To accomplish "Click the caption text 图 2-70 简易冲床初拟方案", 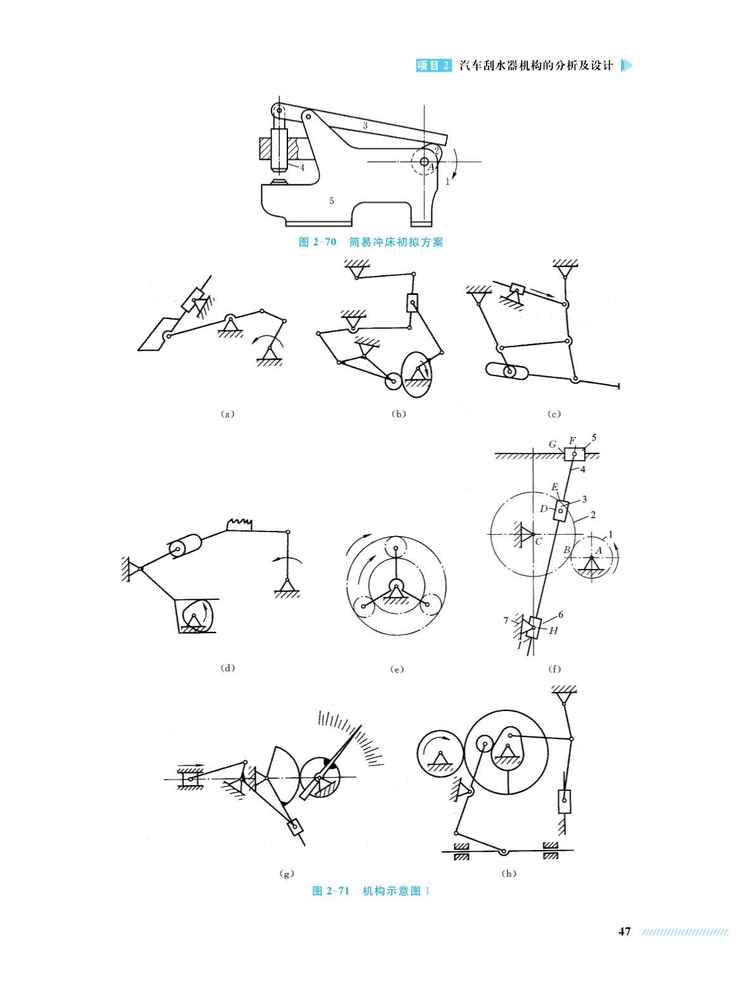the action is click(370, 242).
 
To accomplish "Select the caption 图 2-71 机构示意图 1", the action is click(370, 891).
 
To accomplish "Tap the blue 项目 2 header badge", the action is click(433, 65).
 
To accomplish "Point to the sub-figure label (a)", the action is click(228, 414).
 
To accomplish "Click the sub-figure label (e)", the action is click(397, 669).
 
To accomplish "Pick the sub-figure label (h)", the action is click(509, 873).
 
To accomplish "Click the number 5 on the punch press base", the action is click(332, 201).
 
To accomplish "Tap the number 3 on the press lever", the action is click(365, 126).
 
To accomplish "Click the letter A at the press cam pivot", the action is click(431, 167).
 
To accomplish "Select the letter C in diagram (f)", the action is click(539, 542).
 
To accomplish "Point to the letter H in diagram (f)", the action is click(554, 631).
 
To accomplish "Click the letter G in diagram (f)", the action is click(553, 444).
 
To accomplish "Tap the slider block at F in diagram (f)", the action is click(574, 454).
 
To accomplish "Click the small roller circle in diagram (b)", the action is click(393, 381).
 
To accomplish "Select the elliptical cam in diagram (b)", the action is click(416, 375).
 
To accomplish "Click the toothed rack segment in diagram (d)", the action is click(239, 525).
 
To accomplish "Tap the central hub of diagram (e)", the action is click(396, 585).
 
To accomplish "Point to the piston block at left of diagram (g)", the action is click(190, 779).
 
